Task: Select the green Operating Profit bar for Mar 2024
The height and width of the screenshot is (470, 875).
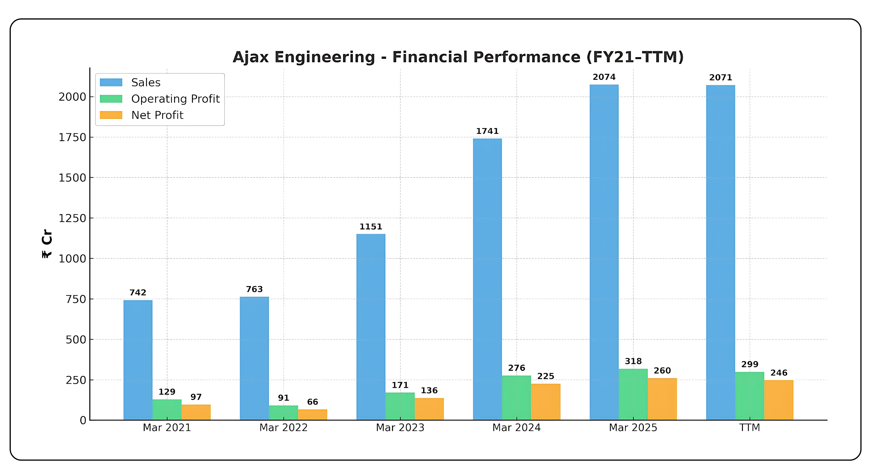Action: [x=516, y=397]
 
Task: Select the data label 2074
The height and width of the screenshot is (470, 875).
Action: [x=604, y=77]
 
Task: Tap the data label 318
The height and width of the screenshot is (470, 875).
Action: [x=633, y=361]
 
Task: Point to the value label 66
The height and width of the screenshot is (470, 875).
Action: [x=312, y=402]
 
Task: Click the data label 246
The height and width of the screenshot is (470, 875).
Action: [x=779, y=373]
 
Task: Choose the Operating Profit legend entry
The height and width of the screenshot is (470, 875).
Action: [x=175, y=99]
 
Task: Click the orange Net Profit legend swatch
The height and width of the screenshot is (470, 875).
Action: [x=111, y=115]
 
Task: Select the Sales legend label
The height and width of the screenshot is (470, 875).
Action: [x=146, y=82]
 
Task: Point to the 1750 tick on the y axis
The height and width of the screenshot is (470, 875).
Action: [x=72, y=137]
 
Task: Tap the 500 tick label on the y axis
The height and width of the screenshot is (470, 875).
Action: [x=76, y=339]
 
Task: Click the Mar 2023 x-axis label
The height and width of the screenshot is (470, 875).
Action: [x=400, y=428]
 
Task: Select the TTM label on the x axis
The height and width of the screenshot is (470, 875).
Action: [x=749, y=428]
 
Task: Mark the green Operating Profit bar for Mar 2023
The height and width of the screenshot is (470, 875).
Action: [x=400, y=406]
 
